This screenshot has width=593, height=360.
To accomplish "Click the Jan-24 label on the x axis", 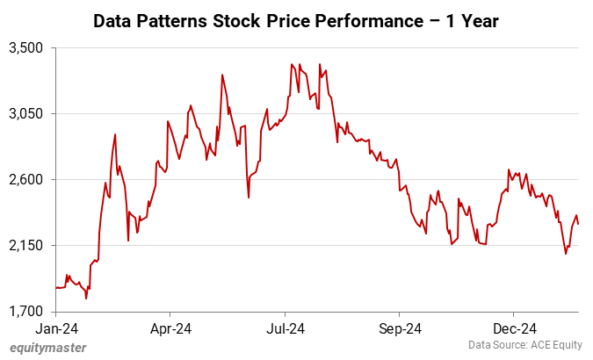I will (x=55, y=329).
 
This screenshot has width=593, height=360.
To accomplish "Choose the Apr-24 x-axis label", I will (x=170, y=329).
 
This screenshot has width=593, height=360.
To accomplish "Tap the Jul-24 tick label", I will (x=285, y=329).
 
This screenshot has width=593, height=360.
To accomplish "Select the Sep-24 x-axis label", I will (x=399, y=329).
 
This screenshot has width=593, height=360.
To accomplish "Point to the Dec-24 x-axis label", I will (x=513, y=329).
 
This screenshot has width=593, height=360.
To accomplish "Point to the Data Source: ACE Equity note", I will (x=524, y=344).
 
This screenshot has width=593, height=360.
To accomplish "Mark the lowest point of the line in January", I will (x=86, y=299).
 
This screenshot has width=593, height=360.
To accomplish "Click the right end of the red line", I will (x=578, y=224).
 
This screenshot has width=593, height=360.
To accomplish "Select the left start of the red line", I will (x=55, y=288).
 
